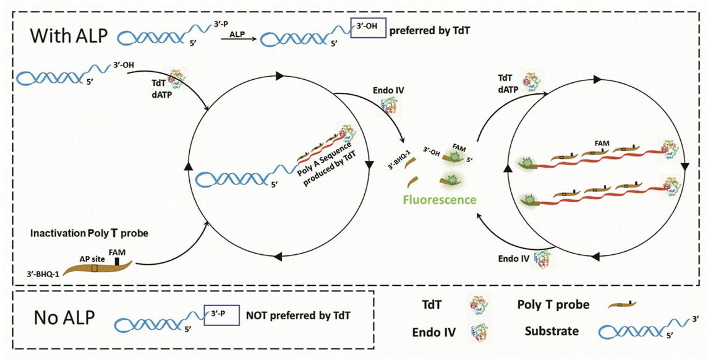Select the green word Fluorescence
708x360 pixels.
[440, 200]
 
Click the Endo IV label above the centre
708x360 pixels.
[388, 90]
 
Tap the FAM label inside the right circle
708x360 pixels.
[602, 144]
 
